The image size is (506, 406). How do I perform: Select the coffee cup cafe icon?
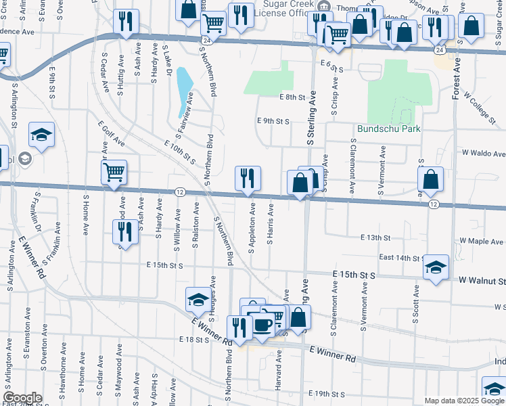[x=263, y=325]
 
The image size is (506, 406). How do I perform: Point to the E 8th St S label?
[x=292, y=97]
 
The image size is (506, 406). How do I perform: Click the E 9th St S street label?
[x=273, y=121]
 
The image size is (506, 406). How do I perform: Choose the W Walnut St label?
[x=482, y=280]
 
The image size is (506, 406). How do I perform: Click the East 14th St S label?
[x=401, y=258]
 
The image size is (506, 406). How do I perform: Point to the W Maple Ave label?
[x=482, y=240]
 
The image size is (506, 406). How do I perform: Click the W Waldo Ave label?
[x=483, y=154]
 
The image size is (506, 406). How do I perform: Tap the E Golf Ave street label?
[x=111, y=135]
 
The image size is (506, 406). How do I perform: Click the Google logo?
[x=22, y=398]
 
